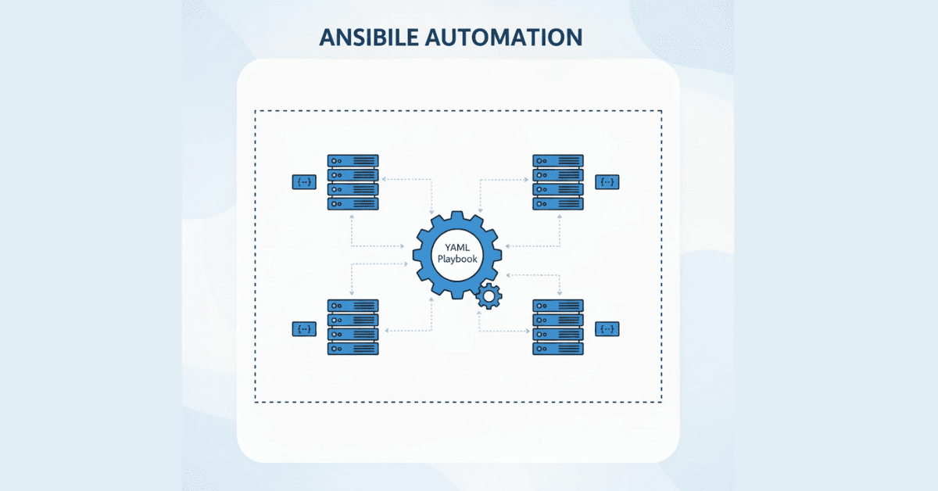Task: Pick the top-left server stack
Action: click(x=353, y=181)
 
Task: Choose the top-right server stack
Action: click(x=558, y=181)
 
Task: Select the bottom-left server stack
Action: click(x=353, y=327)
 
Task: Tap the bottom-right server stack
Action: click(x=558, y=327)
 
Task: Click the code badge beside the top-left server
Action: click(x=304, y=182)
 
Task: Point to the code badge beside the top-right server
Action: click(x=607, y=182)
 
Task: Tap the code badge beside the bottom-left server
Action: click(x=304, y=329)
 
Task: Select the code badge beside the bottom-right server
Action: click(x=607, y=328)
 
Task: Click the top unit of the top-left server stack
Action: click(x=353, y=161)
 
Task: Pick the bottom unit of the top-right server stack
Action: click(x=558, y=203)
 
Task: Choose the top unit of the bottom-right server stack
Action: click(x=558, y=306)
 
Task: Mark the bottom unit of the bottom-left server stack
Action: click(x=353, y=349)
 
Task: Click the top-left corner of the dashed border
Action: click(x=256, y=111)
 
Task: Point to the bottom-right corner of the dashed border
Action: click(x=662, y=401)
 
